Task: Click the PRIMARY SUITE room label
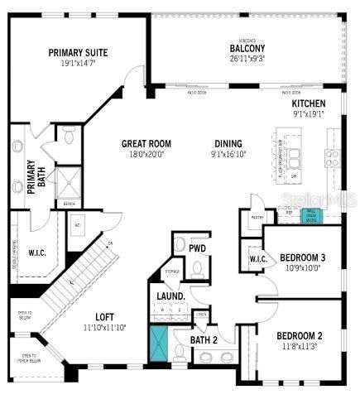78,52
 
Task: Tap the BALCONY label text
247,47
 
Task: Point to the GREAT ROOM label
146,142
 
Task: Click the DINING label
228,142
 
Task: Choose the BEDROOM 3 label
302,257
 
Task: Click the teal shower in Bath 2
157,344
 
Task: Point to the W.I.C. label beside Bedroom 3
256,260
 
